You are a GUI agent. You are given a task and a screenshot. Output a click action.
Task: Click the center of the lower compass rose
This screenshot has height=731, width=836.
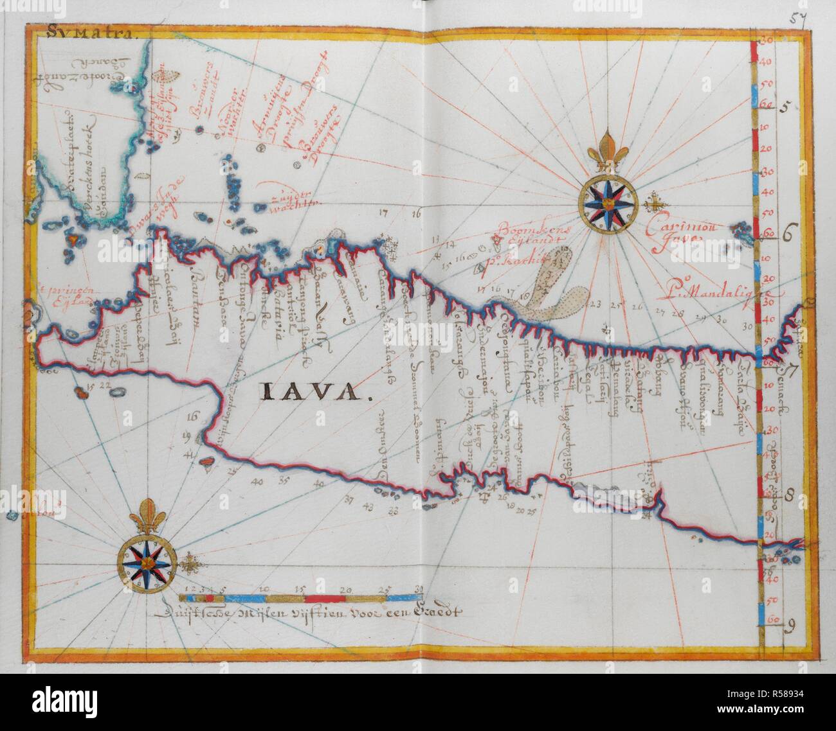pos(147,563)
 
